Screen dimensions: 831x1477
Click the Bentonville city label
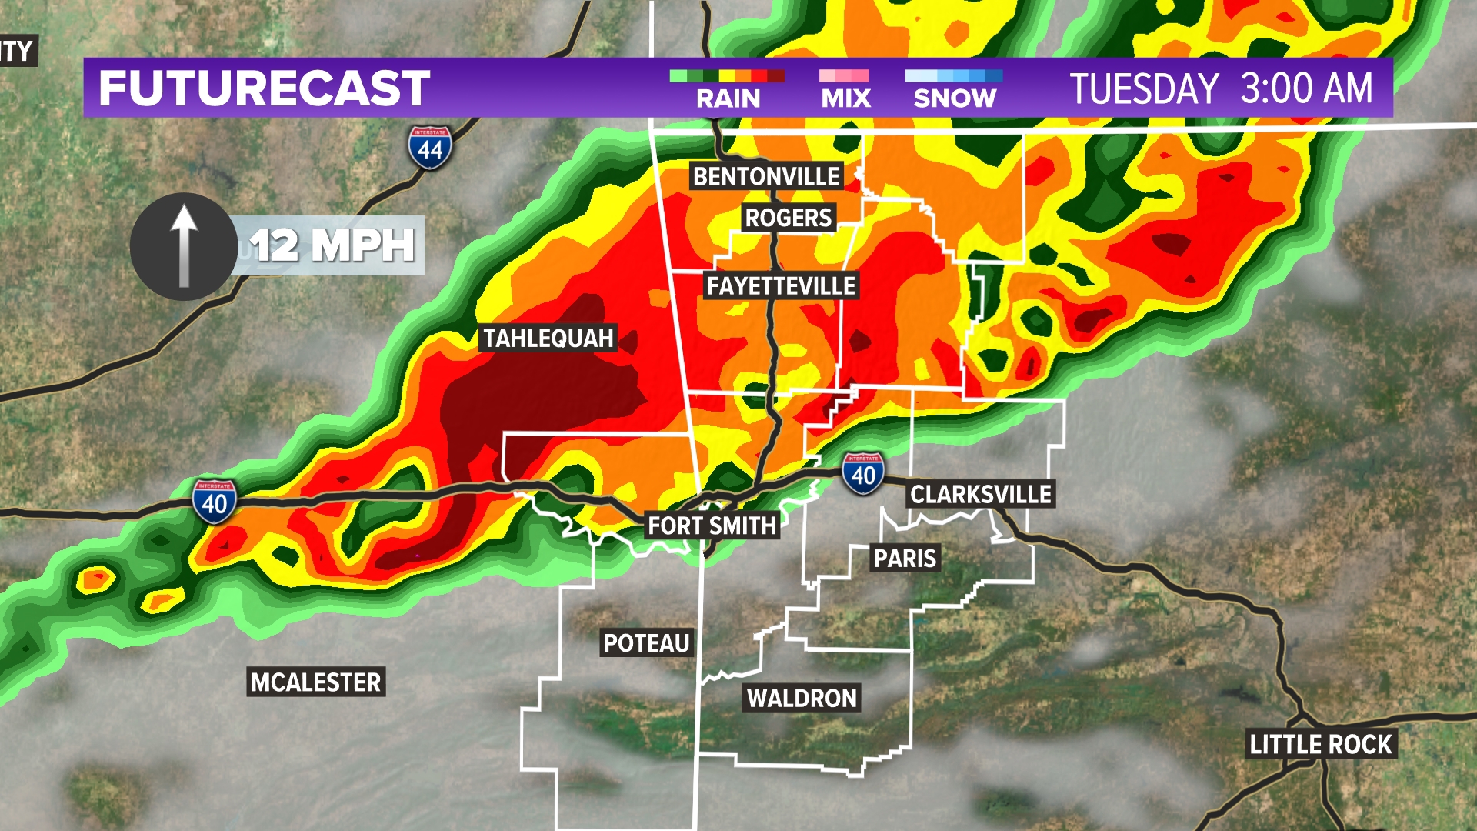(766, 176)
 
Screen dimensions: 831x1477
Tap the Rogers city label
(789, 218)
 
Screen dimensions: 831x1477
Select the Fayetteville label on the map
(781, 286)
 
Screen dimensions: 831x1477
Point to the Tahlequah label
(548, 339)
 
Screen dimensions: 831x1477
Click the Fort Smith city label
(712, 526)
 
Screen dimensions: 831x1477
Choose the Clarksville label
(981, 494)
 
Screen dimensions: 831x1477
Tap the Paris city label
(905, 558)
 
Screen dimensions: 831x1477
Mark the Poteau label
(646, 643)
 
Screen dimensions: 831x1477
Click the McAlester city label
(315, 682)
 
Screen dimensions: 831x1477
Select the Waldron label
(802, 699)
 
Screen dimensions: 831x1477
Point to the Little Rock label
(1320, 745)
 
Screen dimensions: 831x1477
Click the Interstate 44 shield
(430, 148)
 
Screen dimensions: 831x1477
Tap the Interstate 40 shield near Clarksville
(863, 474)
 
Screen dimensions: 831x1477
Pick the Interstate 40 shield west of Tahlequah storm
(215, 502)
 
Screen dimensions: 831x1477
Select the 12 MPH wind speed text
(332, 246)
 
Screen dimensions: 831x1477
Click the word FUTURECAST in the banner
(264, 88)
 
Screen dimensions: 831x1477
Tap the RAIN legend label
(728, 98)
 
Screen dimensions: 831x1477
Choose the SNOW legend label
(955, 98)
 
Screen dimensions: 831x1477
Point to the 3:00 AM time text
(1307, 88)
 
